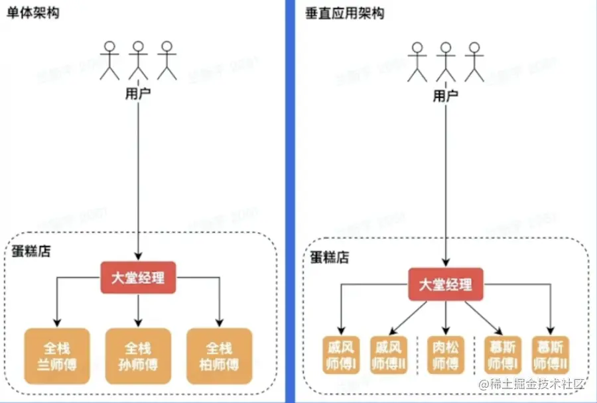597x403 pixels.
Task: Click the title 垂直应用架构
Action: pyautogui.click(x=344, y=13)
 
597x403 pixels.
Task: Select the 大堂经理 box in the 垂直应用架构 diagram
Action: pyautogui.click(x=446, y=284)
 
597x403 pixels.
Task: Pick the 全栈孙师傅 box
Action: pyautogui.click(x=138, y=356)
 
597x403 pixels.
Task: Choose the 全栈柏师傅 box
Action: pyautogui.click(x=220, y=356)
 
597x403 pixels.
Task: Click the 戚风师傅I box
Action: pyautogui.click(x=341, y=355)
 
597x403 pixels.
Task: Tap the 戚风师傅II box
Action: pyautogui.click(x=388, y=355)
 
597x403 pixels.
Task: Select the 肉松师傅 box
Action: pyautogui.click(x=446, y=355)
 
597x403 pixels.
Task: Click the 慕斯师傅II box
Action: pyautogui.click(x=550, y=355)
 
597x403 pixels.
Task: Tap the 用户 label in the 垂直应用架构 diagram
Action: pyautogui.click(x=445, y=95)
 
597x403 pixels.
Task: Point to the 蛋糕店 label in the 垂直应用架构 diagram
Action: pyautogui.click(x=329, y=257)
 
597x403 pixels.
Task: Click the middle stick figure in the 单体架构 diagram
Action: pyautogui.click(x=138, y=60)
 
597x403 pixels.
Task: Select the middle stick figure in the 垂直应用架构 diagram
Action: pyautogui.click(x=445, y=62)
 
